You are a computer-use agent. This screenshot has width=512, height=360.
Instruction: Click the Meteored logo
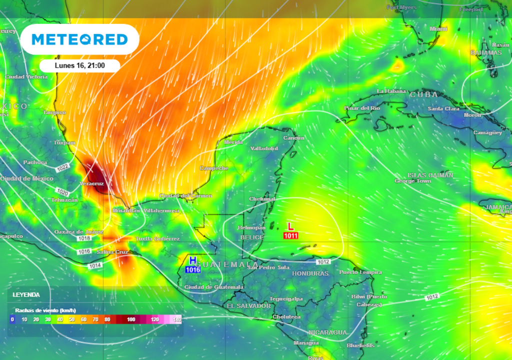click(x=79, y=39)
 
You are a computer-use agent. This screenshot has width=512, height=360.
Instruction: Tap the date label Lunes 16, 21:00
click(x=79, y=65)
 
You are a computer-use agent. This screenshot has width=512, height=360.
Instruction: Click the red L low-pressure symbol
click(x=290, y=226)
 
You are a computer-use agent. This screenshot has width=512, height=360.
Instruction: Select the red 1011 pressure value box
click(x=290, y=235)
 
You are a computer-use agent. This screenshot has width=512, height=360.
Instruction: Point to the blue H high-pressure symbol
click(x=192, y=260)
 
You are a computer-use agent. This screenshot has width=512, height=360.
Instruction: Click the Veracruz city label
click(x=91, y=184)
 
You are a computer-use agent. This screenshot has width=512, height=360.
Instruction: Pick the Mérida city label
click(x=233, y=142)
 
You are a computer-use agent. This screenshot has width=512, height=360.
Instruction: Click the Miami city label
click(x=438, y=29)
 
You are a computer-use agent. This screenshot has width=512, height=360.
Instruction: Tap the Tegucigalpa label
click(x=286, y=298)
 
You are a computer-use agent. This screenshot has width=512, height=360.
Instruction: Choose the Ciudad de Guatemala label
click(x=214, y=287)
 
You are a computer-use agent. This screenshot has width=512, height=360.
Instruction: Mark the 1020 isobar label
click(x=62, y=192)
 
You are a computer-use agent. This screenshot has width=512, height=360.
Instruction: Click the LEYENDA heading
click(x=26, y=295)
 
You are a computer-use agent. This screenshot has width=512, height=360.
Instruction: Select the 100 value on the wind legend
click(x=131, y=319)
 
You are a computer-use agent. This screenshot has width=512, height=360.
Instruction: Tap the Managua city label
click(x=306, y=343)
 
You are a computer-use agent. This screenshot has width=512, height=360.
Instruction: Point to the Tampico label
click(x=54, y=112)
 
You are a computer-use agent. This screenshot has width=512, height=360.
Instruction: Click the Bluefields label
click(x=360, y=345)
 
